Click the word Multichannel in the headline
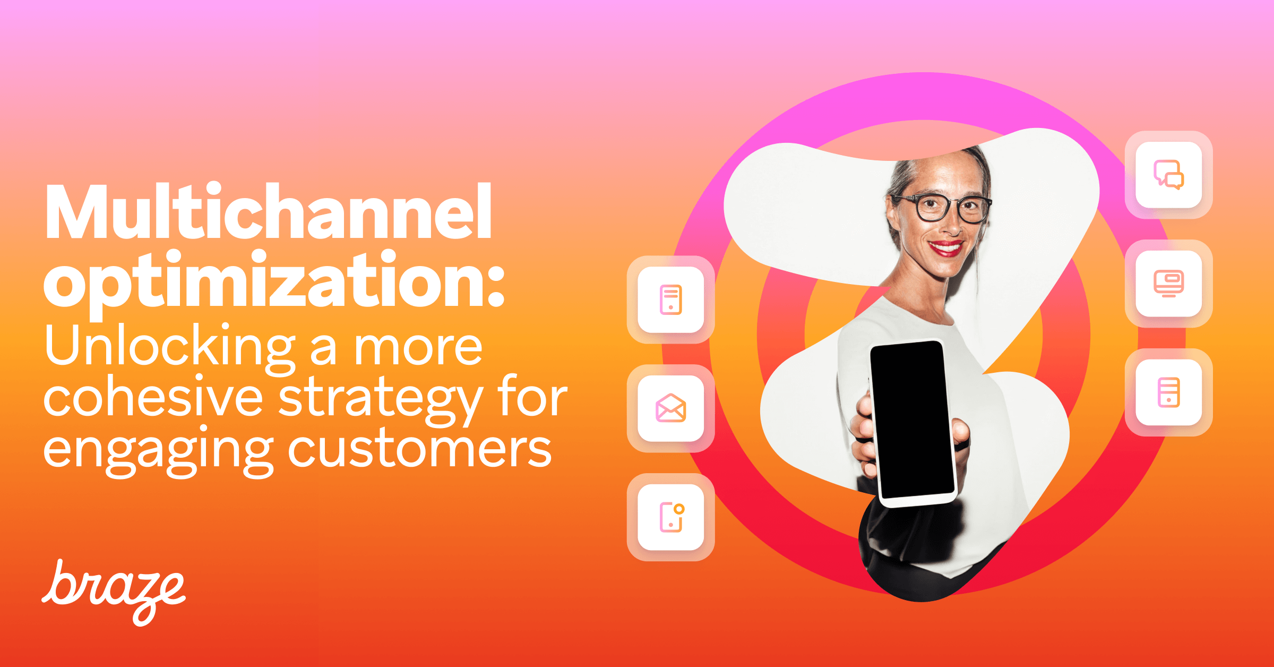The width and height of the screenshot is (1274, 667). click(269, 212)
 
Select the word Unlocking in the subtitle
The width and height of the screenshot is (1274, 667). click(170, 346)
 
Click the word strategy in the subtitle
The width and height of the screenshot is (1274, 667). click(380, 399)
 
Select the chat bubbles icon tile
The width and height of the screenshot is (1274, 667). click(1168, 175)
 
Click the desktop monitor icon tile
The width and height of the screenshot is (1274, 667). click(1168, 284)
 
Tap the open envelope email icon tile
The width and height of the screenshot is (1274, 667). click(671, 408)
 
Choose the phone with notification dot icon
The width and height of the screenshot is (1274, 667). click(671, 517)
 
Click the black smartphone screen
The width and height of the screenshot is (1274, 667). click(911, 420)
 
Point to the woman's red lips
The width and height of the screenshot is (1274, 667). click(945, 247)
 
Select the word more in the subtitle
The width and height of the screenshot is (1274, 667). click(418, 347)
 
